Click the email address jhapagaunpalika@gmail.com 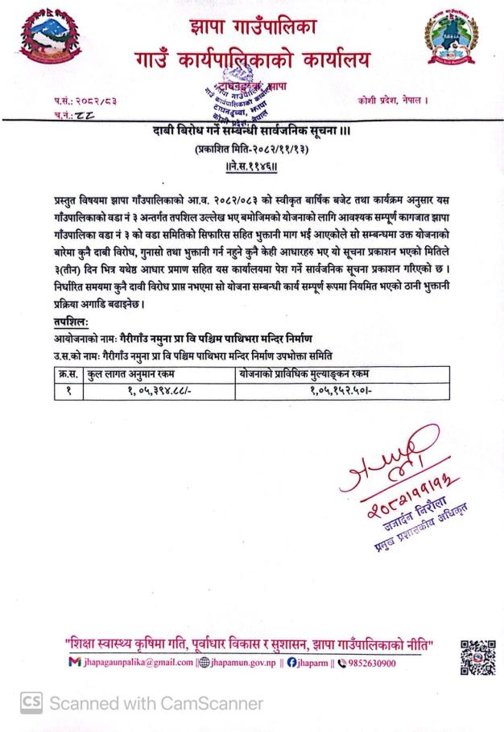pyautogui.click(x=142, y=663)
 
